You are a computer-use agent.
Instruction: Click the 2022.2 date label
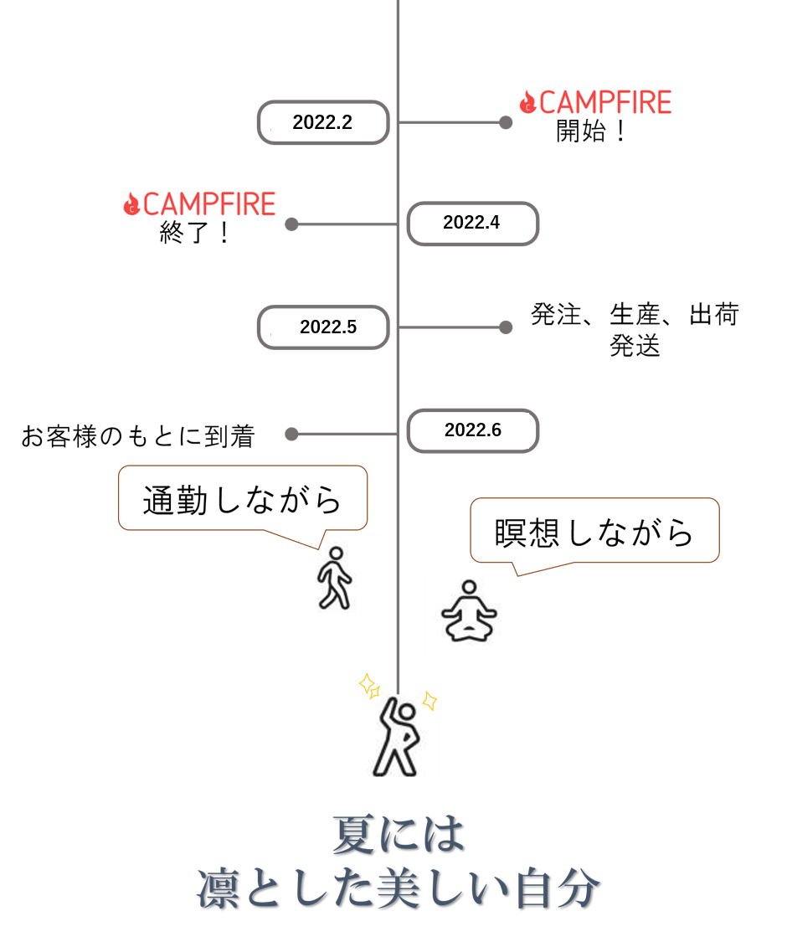[322, 122]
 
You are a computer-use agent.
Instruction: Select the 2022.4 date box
[472, 224]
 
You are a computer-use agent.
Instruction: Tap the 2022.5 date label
[327, 327]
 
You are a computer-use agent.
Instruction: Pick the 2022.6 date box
[473, 430]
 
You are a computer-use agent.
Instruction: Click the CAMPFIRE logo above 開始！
[597, 102]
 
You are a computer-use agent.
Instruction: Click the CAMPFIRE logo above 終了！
[201, 203]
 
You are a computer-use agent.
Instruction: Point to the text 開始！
[592, 131]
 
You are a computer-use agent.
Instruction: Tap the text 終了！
[195, 233]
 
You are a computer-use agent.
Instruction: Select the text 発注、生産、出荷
[635, 315]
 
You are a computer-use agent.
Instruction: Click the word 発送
[635, 345]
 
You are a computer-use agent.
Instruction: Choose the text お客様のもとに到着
[138, 435]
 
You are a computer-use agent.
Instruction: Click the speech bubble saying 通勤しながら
[243, 500]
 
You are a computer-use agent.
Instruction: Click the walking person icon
[337, 576]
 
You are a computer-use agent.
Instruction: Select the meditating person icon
[464, 617]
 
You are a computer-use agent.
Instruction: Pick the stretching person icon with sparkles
[397, 734]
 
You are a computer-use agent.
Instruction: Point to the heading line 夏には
[399, 835]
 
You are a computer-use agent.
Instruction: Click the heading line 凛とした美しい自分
[399, 889]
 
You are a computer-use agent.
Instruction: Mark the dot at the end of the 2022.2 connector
[506, 122]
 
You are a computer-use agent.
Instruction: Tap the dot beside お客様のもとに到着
[291, 434]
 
